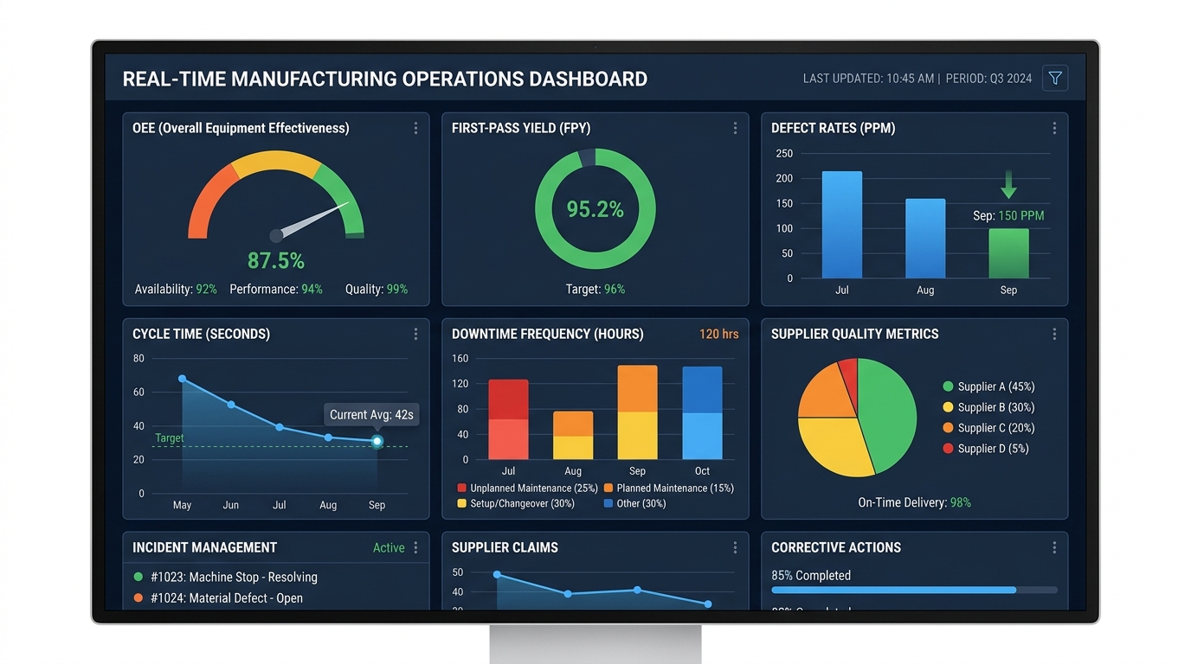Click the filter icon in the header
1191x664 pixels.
pyautogui.click(x=1054, y=79)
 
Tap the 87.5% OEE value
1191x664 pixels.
pyautogui.click(x=276, y=260)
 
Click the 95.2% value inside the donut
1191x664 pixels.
pyautogui.click(x=595, y=209)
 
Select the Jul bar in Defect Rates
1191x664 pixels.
pyautogui.click(x=841, y=225)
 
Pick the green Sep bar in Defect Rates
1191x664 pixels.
pyautogui.click(x=1008, y=253)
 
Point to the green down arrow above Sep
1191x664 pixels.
pyautogui.click(x=1008, y=184)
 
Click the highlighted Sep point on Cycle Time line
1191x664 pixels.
pyautogui.click(x=377, y=441)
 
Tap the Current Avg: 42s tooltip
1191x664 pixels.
pyautogui.click(x=371, y=415)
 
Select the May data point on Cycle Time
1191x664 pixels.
pyautogui.click(x=182, y=379)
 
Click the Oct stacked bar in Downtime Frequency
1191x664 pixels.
pyautogui.click(x=702, y=413)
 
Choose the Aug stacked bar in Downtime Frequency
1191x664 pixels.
pyautogui.click(x=573, y=435)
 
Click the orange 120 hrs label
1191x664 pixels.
pyautogui.click(x=718, y=334)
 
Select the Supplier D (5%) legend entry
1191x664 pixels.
pyautogui.click(x=988, y=449)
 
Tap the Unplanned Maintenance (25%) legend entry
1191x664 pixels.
pyautogui.click(x=527, y=488)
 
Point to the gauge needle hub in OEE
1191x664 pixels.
pyautogui.click(x=276, y=235)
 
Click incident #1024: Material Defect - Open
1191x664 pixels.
pyautogui.click(x=226, y=598)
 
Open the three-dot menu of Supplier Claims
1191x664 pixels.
pyautogui.click(x=735, y=547)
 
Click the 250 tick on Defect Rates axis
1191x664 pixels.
pyautogui.click(x=784, y=154)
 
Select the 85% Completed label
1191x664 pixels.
pyautogui.click(x=811, y=576)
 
